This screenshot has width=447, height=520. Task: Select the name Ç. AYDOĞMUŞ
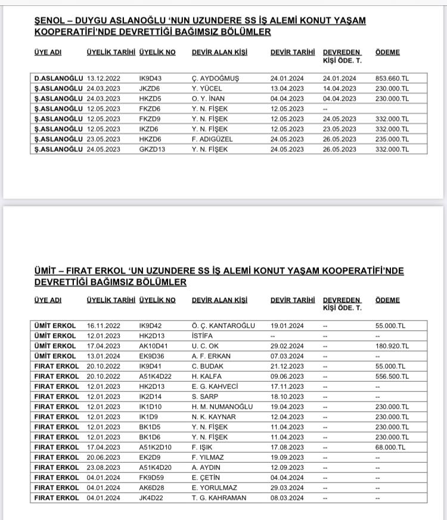tap(215, 78)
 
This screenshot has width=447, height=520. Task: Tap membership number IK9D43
tap(150, 78)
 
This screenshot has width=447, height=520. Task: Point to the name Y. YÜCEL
tap(207, 88)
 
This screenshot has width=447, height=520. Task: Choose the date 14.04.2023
tap(340, 88)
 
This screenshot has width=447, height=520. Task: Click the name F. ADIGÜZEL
tap(212, 139)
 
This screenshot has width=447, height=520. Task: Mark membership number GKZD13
tap(152, 149)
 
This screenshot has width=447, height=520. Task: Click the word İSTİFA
tap(203, 335)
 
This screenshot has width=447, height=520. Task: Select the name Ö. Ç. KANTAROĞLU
tap(223, 325)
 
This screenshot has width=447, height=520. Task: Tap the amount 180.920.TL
tap(393, 345)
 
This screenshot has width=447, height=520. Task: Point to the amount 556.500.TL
tap(393, 376)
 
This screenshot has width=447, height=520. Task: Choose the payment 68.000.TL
tap(391, 447)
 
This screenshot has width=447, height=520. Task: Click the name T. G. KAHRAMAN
tap(219, 497)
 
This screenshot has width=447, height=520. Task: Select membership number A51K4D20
tap(155, 467)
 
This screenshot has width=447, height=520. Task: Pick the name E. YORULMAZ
tap(215, 487)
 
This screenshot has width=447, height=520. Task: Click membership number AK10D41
tap(153, 345)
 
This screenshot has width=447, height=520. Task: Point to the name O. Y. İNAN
tap(209, 98)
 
